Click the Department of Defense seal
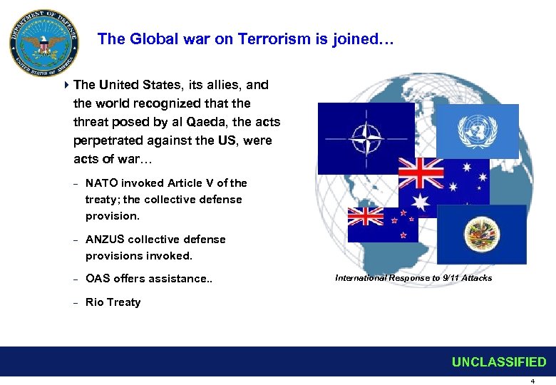pyautogui.click(x=43, y=44)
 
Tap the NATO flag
pyautogui.click(x=366, y=138)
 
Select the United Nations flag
pyautogui.click(x=477, y=131)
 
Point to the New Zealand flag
pyautogui.click(x=383, y=225)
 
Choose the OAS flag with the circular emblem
pyautogui.click(x=481, y=234)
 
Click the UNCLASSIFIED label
pyautogui.click(x=499, y=362)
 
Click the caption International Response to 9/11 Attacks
pyautogui.click(x=413, y=278)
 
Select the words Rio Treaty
pyautogui.click(x=113, y=302)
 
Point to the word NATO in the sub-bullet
pyautogui.click(x=102, y=183)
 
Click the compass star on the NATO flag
pyautogui.click(x=366, y=138)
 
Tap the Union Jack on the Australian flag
pyautogui.click(x=421, y=171)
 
